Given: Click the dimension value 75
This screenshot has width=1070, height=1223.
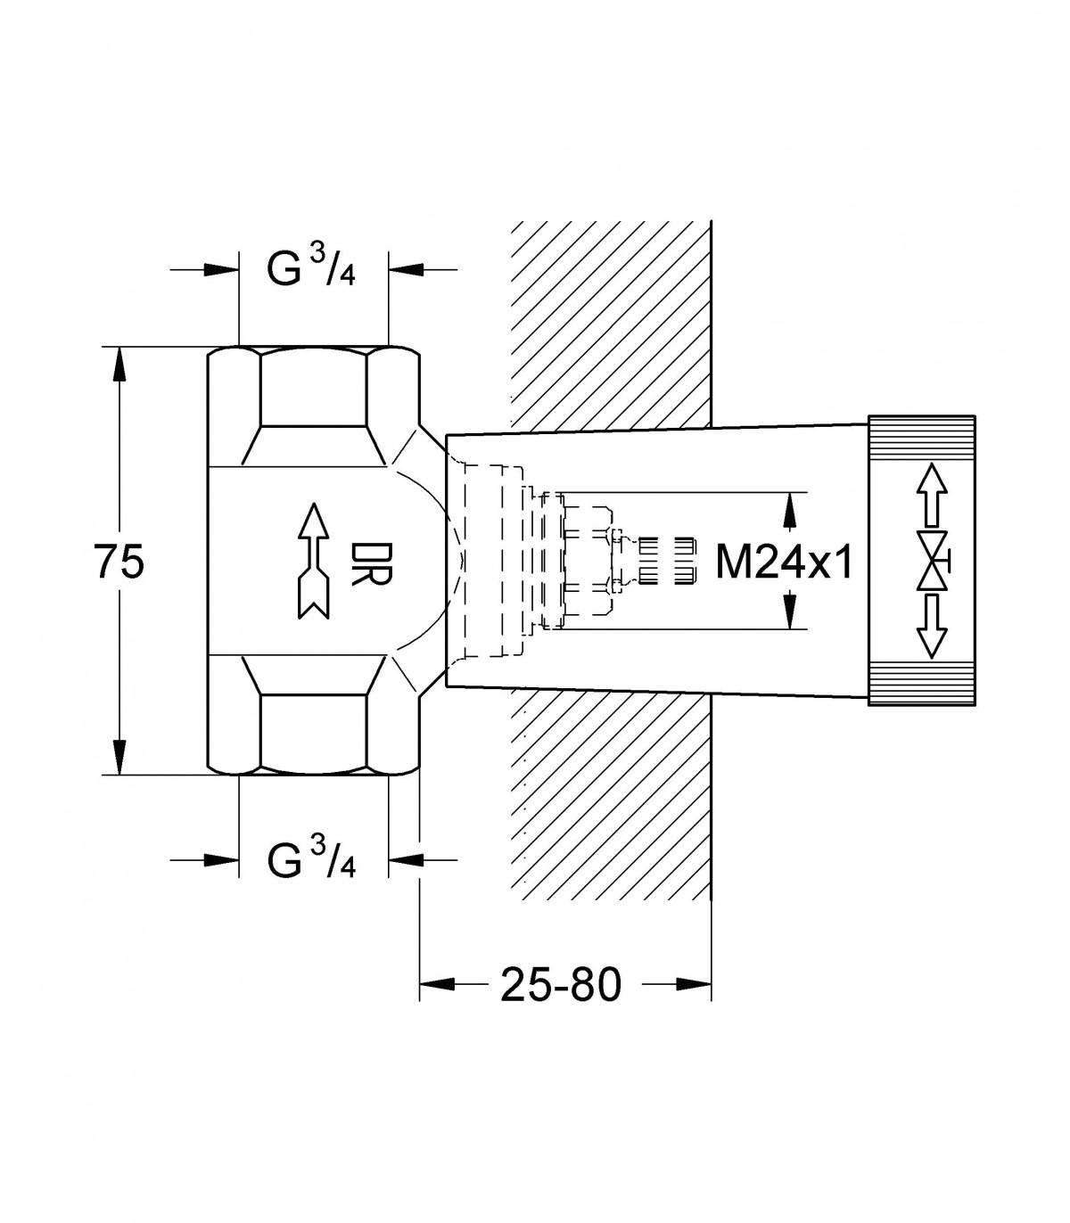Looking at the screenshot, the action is click(x=119, y=562).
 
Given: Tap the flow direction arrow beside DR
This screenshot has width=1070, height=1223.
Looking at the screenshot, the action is click(x=313, y=561).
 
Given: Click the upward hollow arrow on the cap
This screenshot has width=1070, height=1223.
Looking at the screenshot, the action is click(x=932, y=495).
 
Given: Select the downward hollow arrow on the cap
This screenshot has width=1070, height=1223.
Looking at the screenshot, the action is click(x=932, y=626).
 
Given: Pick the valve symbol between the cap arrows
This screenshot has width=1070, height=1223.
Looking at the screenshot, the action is click(x=933, y=560).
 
